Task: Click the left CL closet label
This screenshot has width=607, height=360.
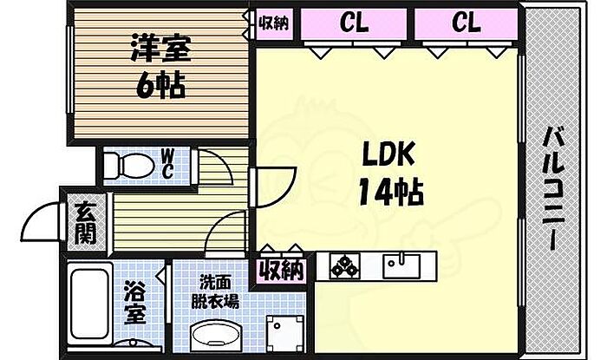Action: tap(353, 23)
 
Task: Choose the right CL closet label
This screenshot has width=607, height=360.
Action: tap(465, 23)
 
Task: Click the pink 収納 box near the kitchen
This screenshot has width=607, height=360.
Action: tap(281, 270)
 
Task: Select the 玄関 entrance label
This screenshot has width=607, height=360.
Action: tap(85, 223)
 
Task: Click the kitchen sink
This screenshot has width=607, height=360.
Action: tap(400, 265)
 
